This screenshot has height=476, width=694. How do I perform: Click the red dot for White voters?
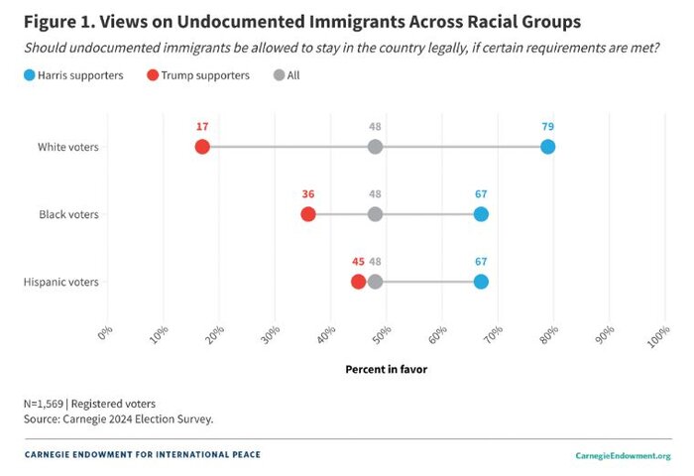point(202,147)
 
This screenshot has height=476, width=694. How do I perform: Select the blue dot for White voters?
point(547,147)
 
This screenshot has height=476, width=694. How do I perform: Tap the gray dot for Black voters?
point(375,214)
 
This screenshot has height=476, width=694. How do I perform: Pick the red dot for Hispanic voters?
point(358,282)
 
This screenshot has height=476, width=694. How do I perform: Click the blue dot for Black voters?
point(481,214)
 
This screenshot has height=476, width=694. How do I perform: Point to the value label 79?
point(547,126)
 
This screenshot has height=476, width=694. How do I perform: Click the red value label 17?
point(202,126)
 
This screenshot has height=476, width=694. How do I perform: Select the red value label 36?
point(307,193)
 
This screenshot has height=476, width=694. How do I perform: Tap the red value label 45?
point(358,261)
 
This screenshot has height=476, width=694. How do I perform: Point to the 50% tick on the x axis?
point(384,333)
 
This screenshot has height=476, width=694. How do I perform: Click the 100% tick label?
point(657,335)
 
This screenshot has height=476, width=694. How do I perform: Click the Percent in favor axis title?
point(386,368)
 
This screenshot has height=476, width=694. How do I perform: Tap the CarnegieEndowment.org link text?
point(623,455)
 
